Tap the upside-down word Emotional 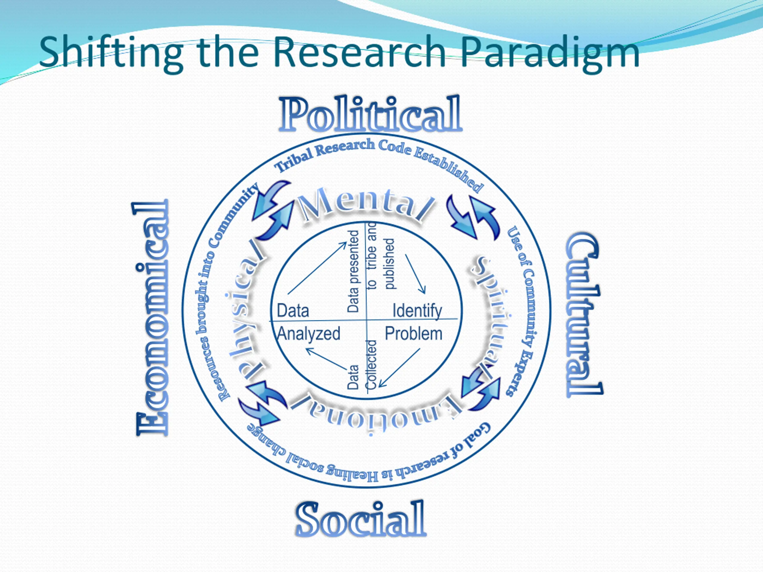click(376, 412)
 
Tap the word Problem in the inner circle click(413, 334)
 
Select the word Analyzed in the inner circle click(309, 334)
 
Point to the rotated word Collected click(371, 365)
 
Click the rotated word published click(389, 264)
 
